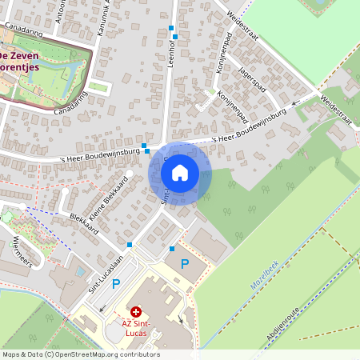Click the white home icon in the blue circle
click(x=180, y=172)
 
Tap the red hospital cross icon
click(x=136, y=311)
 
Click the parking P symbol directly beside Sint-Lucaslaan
click(x=116, y=283)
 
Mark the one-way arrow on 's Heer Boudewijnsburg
click(x=294, y=102)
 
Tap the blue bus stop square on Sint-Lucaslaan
click(x=130, y=244)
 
